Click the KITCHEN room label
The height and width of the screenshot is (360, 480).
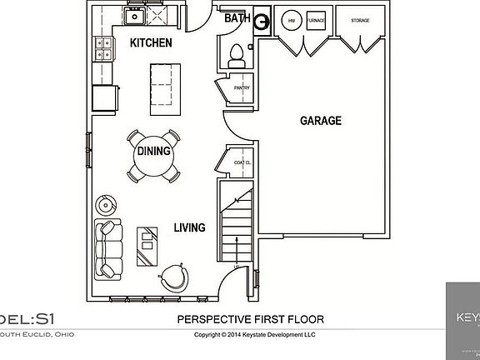[151, 42]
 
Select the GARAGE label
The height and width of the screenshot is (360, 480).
[320, 121]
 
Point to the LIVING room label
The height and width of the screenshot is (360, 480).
[190, 227]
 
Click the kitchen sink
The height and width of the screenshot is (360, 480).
[133, 16]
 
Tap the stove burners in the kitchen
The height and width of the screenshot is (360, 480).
[103, 50]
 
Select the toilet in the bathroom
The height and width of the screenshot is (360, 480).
[236, 55]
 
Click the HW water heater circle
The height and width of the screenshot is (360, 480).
[292, 21]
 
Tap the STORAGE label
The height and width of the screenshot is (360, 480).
[360, 20]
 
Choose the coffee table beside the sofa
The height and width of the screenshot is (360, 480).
[147, 244]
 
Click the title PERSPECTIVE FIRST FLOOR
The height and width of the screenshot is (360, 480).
[251, 319]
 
